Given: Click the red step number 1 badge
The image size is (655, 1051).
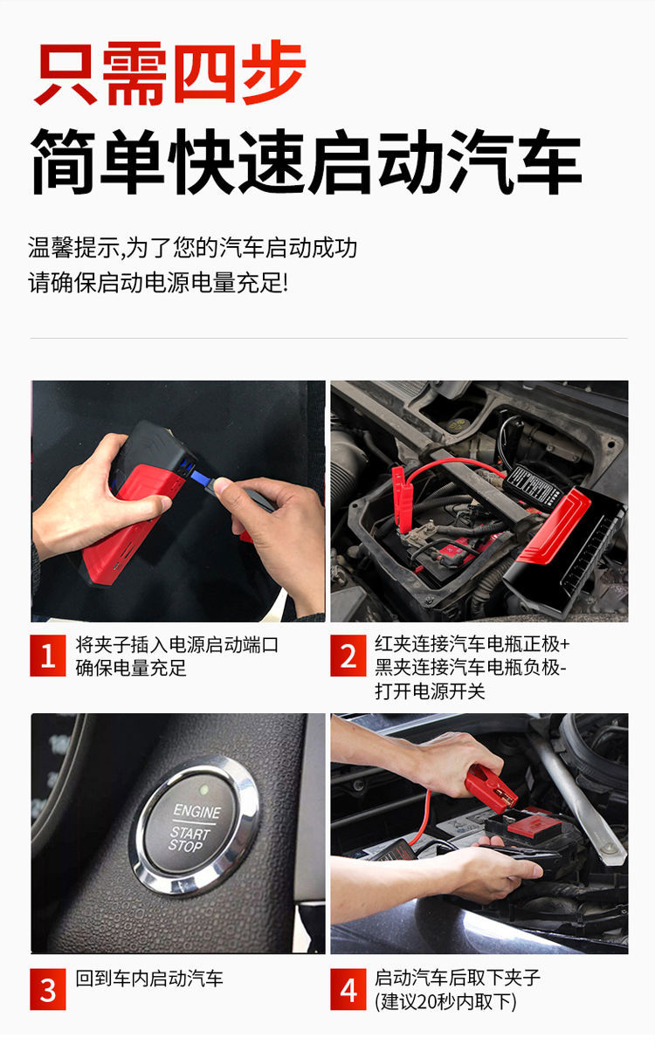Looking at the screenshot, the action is pos(48,656).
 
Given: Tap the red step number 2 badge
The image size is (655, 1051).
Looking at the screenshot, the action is pos(348,656).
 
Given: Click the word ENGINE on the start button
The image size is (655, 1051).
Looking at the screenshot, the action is pos(197,811).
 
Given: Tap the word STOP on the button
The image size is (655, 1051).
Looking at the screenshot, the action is pos(185,846).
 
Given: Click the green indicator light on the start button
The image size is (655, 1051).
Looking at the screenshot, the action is pos(204,790).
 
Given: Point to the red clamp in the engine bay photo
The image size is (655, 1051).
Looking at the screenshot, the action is pos(403,498).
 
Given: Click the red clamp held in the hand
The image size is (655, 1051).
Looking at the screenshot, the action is pos(491,789).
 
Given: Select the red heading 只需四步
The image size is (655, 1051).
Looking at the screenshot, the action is pos(170,72).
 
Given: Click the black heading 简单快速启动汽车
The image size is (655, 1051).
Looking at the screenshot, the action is pos(307,161).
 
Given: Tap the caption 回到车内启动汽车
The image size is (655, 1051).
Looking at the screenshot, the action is pos(149,979).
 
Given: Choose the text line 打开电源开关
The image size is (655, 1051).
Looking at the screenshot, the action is pos(430,691).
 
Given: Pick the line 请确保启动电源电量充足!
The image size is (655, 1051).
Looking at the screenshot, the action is pos(158,283).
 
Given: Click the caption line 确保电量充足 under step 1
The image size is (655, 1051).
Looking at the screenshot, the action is pos(131,668).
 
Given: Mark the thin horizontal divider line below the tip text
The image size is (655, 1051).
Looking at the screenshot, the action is pos(328,338).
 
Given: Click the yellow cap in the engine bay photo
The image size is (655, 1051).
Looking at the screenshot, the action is pos(457,425).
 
